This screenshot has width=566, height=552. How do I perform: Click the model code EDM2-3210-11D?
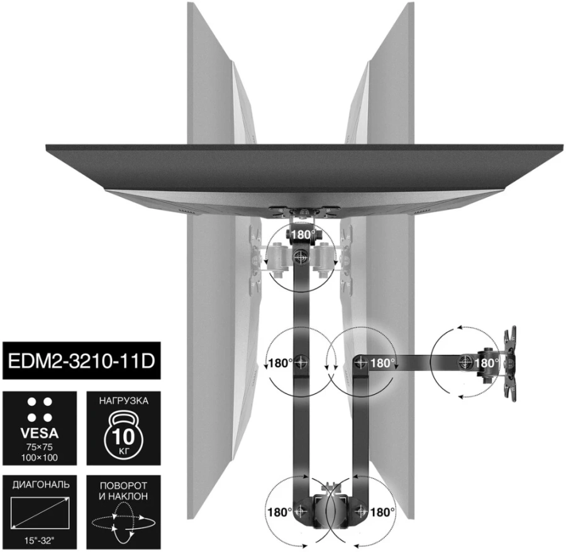(81, 361)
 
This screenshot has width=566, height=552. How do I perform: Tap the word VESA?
(40, 433)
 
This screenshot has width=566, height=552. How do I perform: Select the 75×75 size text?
(40, 447)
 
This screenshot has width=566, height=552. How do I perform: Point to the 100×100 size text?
(40, 458)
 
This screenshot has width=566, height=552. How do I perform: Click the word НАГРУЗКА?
(123, 401)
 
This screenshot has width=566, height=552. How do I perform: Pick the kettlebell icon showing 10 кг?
(123, 436)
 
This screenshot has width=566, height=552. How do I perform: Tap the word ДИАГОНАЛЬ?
(41, 485)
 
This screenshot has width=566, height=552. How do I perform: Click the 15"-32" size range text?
(40, 541)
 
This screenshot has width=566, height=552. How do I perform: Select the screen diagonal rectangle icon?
(40, 512)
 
